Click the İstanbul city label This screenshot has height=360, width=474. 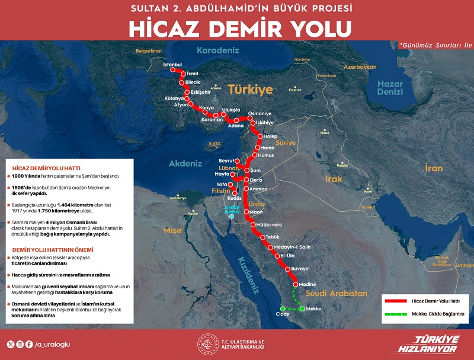click(172, 63)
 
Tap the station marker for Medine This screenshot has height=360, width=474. click(295, 285)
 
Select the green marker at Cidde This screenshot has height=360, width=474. click(283, 308)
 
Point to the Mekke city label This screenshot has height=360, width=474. click(314, 309)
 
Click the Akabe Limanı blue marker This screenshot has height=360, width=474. click(232, 216)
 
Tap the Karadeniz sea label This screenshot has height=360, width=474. click(217, 50)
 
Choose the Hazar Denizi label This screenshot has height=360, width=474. click(390, 88)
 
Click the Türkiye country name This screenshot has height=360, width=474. click(251, 90)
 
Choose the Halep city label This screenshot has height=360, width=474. click(270, 136)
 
